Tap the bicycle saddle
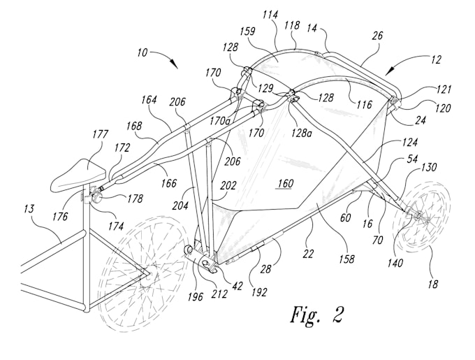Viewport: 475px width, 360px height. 79,174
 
